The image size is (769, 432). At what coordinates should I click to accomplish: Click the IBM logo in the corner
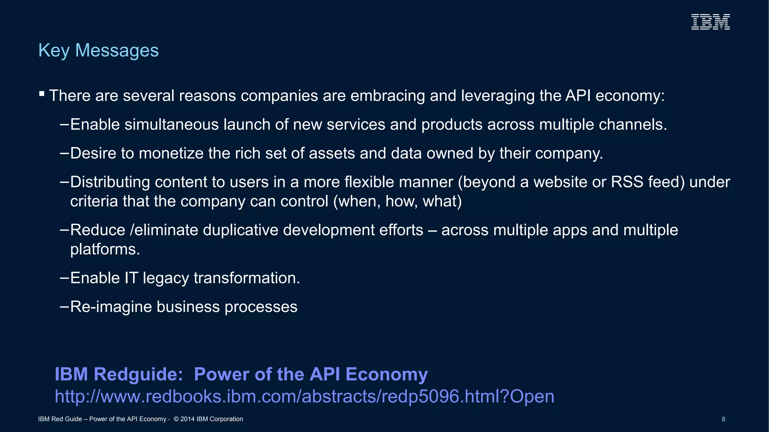[710, 22]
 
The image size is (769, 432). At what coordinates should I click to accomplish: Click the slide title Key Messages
[98, 50]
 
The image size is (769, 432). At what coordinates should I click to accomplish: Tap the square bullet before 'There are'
[42, 93]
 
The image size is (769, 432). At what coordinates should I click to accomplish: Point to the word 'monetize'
[171, 153]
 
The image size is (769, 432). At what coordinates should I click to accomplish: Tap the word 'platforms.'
[105, 249]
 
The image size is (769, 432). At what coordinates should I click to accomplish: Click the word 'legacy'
[166, 278]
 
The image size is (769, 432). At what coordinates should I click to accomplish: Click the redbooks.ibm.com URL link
[305, 396]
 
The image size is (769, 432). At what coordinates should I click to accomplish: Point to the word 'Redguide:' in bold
[138, 374]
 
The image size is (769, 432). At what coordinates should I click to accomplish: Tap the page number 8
[724, 419]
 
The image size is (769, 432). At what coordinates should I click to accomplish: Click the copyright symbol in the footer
[176, 419]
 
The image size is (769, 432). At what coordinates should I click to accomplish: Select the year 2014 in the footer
[187, 419]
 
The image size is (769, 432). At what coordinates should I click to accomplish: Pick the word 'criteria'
[94, 201]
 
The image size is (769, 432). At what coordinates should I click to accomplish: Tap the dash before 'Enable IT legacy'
[64, 278]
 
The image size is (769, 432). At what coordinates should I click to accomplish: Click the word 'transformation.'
[247, 278]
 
